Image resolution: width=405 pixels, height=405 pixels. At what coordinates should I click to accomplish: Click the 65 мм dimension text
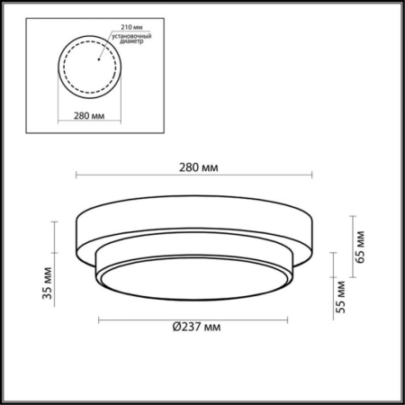pos(361,243)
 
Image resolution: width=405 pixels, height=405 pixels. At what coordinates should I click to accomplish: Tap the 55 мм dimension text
pos(340,293)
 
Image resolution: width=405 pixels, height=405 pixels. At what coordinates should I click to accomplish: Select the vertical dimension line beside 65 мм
pos(350,243)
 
